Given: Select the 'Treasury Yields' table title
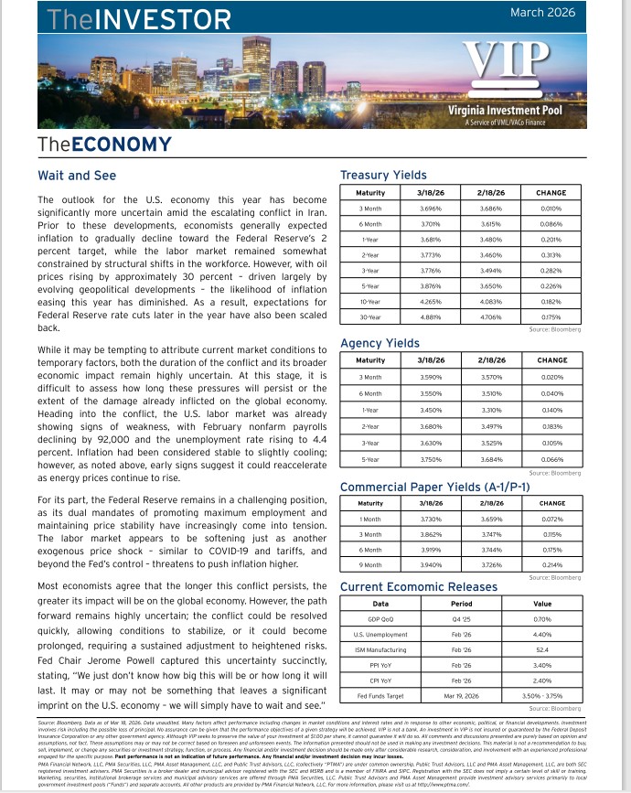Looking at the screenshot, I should pos(383,175).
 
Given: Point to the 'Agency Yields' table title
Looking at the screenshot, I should pos(380,343).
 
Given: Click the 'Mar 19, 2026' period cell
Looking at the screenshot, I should pos(462,694).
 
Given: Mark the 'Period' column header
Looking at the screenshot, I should pos(462,604).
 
